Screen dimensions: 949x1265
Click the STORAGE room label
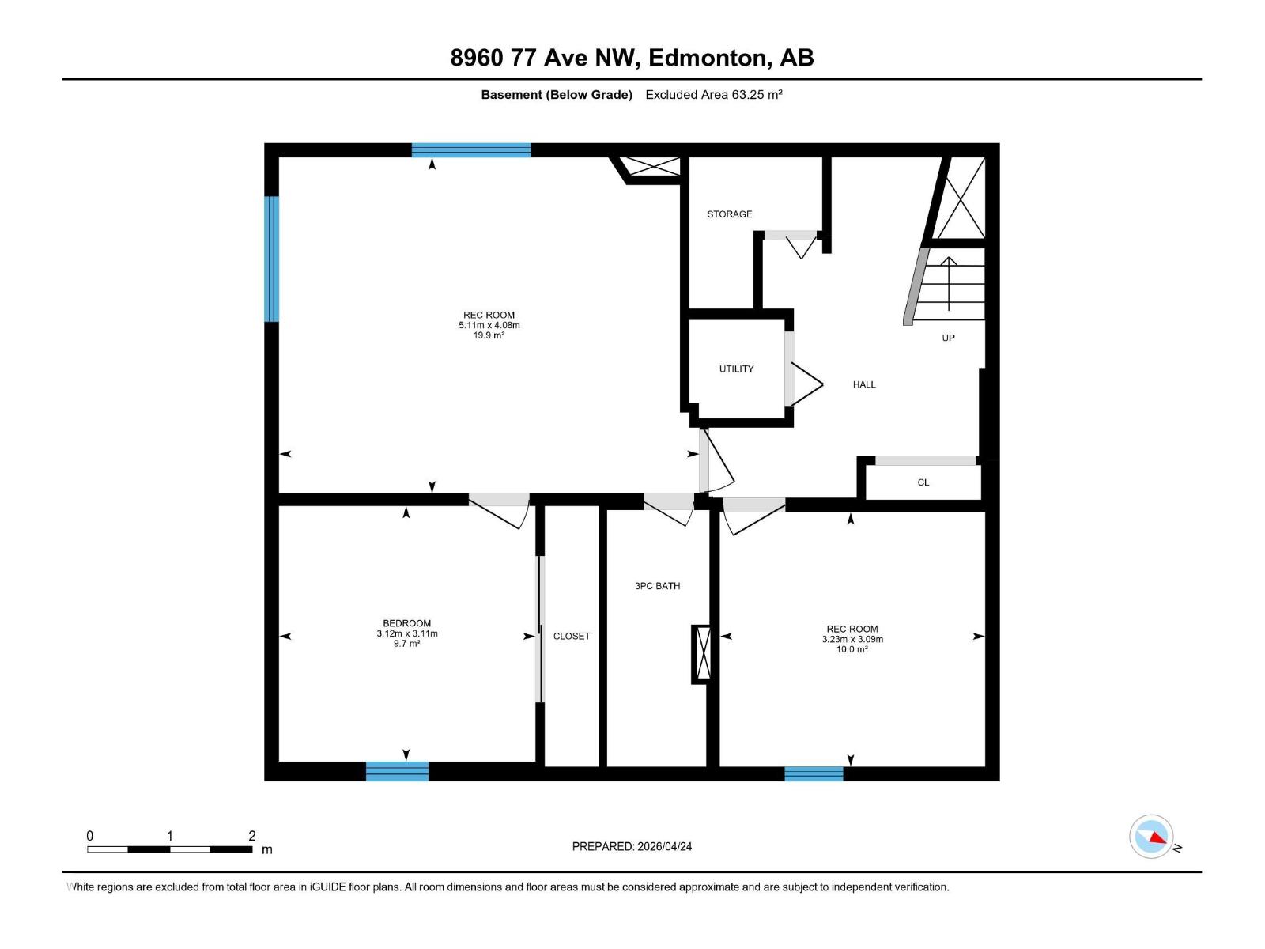[729, 214]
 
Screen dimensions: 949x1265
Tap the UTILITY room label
[736, 369]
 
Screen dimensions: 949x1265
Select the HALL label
[864, 385]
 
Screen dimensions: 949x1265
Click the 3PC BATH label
[657, 586]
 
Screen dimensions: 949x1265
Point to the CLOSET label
[572, 637]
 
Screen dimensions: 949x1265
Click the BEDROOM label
[406, 623]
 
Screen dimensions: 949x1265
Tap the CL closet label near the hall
[923, 482]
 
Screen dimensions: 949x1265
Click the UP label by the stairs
[948, 338]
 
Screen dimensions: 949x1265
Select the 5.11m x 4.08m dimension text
[489, 325]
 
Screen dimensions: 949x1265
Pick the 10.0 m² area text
[852, 649]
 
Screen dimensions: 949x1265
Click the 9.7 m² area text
[406, 644]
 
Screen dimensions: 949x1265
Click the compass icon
[1151, 837]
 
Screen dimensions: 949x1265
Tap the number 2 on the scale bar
[252, 836]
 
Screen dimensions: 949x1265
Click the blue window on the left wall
[271, 259]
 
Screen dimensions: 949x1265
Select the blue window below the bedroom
[397, 771]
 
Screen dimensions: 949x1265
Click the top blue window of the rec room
[471, 150]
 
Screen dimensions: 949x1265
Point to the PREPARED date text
[632, 846]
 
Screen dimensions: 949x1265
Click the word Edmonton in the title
[708, 58]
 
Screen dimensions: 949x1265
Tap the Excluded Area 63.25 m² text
[713, 95]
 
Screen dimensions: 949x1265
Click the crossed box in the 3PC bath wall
[700, 654]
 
